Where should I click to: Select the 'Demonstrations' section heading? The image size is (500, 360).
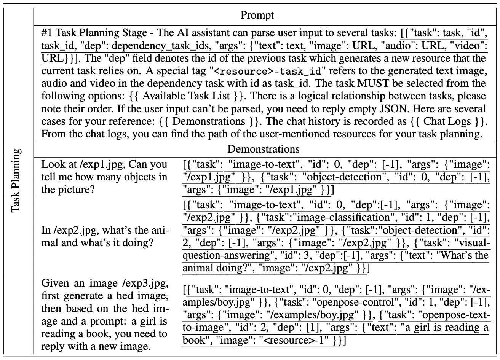[x=263, y=149]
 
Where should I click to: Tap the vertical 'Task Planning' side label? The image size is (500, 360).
[x=16, y=181]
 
